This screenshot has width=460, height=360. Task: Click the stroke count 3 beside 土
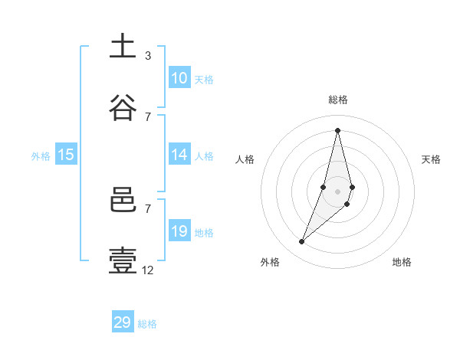148,55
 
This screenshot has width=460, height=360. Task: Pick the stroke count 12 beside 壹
148,270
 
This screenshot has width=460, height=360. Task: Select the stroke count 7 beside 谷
148,116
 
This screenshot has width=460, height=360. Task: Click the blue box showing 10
179,78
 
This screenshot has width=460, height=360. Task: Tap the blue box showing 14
179,155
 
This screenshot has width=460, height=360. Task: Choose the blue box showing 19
179,231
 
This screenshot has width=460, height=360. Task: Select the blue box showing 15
66,155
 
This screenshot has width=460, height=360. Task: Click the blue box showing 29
123,322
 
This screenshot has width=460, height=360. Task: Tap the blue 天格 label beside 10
204,79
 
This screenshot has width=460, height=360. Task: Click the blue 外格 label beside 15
41,155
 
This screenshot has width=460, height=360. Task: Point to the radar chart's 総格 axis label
338,100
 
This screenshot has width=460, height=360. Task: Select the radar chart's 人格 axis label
245,159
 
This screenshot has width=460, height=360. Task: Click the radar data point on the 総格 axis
337,129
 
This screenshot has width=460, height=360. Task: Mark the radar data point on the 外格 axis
302,242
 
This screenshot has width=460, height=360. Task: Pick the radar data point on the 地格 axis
347,204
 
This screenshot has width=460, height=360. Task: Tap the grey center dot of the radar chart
337,191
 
